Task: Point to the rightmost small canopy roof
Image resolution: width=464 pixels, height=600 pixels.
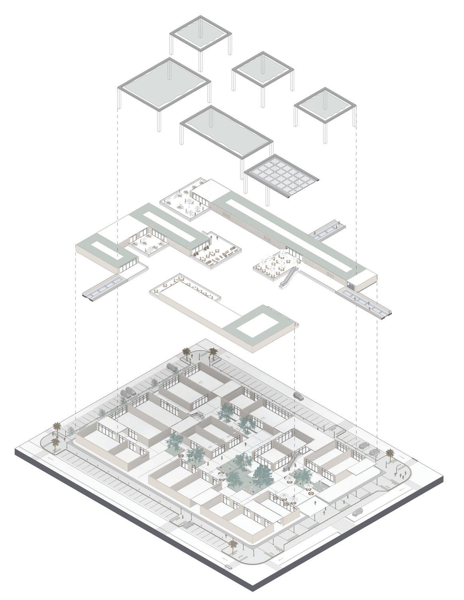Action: click(x=325, y=106)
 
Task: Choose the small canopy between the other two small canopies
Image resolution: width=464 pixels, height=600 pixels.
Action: click(x=263, y=69)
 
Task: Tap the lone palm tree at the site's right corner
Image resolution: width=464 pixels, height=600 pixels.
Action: click(x=389, y=454)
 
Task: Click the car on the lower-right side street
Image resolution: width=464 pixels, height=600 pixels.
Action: click(x=357, y=512)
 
